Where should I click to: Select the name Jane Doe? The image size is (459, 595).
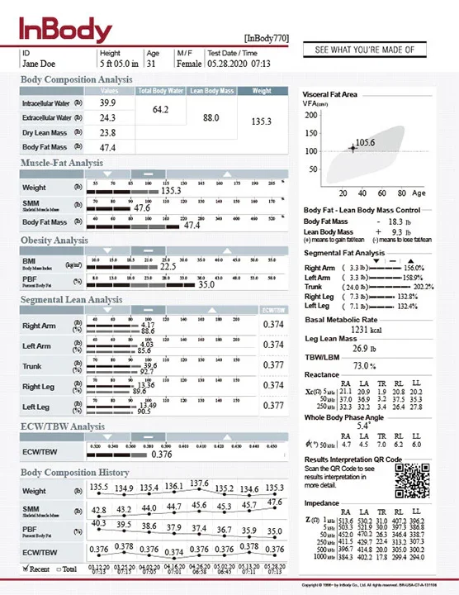click(x=39, y=63)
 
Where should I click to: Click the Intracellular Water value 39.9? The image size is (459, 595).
click(x=107, y=103)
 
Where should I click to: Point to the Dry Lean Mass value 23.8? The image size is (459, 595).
click(x=107, y=132)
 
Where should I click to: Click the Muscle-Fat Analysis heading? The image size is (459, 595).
click(x=62, y=164)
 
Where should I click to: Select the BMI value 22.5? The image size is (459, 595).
click(x=168, y=267)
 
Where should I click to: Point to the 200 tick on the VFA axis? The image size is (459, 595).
click(x=311, y=114)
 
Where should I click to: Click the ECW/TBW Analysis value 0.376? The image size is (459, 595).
click(x=163, y=454)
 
